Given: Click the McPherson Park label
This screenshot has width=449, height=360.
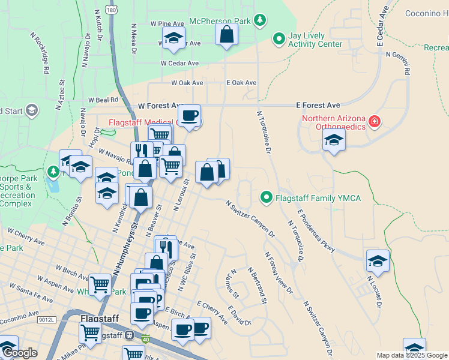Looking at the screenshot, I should point(220,21).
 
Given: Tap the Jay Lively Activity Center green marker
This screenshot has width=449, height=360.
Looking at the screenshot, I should point(279,40).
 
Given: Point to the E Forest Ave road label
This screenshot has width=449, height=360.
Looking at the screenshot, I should point(318,104).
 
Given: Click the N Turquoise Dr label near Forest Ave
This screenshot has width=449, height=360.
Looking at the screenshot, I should point(264,131).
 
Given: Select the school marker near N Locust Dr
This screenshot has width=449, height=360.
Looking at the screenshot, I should point(378,261).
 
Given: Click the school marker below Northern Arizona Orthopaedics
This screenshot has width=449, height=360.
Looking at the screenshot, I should point(334,142).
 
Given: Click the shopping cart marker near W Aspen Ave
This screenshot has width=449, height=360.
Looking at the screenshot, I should point(100,284).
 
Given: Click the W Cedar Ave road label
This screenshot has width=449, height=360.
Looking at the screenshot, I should point(179,63).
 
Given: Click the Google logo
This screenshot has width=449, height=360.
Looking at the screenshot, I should point(20,353).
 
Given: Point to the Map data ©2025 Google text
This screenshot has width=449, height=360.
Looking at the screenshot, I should point(412,355).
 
